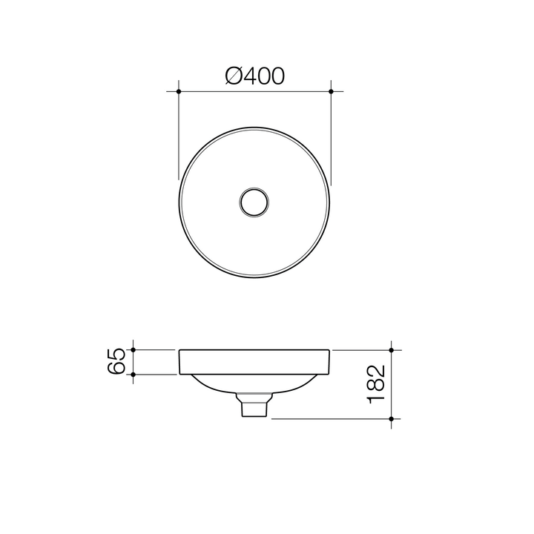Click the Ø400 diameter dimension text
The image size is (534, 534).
pyautogui.click(x=254, y=75)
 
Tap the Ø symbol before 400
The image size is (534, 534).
pyautogui.click(x=232, y=75)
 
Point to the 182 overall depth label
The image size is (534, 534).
pyautogui.click(x=376, y=383)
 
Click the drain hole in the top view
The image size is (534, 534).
pyautogui.click(x=254, y=202)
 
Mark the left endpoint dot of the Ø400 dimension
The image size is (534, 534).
pyautogui.click(x=179, y=91)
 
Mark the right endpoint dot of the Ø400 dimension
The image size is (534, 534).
pyautogui.click(x=331, y=91)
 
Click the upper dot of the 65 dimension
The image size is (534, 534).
pyautogui.click(x=133, y=349)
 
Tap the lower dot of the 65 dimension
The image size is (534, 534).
pyautogui.click(x=133, y=375)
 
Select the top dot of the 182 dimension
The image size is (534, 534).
pyautogui.click(x=392, y=349)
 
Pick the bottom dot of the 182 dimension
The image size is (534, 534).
pyautogui.click(x=392, y=419)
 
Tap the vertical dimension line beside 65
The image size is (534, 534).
pyautogui.click(x=133, y=361)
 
